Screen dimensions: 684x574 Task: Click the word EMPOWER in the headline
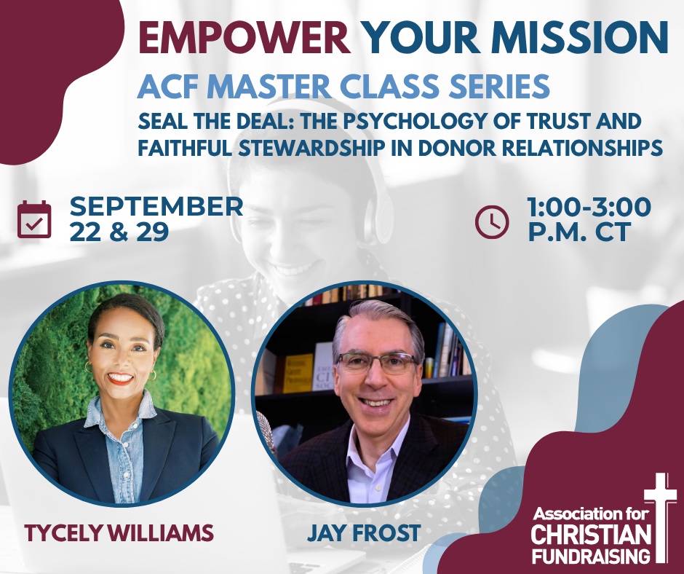[x=244, y=38]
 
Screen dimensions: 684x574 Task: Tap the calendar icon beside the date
[x=34, y=219]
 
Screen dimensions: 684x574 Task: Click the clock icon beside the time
[x=492, y=222]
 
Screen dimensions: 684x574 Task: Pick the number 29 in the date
[x=153, y=232]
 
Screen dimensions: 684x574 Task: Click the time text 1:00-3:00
[x=589, y=207]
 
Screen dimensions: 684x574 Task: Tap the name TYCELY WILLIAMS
[x=119, y=533]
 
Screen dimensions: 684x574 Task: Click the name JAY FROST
[x=364, y=533]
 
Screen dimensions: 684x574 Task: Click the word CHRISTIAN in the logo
[x=591, y=535]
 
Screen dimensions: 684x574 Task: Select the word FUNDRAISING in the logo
[x=591, y=557]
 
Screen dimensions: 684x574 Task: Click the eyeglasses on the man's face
[x=377, y=362]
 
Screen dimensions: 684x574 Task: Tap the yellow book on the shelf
[x=298, y=373]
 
